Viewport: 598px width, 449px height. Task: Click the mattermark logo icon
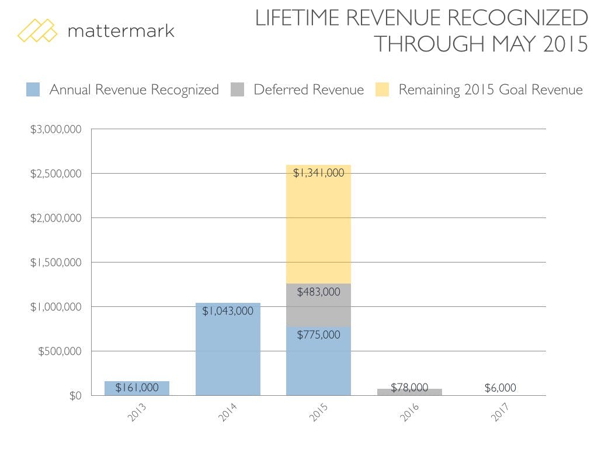tap(37, 30)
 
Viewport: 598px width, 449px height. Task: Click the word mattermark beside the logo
tap(121, 30)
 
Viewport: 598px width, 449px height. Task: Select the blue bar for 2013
tap(137, 388)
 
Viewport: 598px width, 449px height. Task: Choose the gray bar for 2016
tap(409, 392)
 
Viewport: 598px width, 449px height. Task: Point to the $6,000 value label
tap(500, 388)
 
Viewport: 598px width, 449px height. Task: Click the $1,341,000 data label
tap(318, 173)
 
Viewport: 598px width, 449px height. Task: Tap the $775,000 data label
tap(318, 335)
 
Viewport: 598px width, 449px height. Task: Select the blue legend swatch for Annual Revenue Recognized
tap(33, 90)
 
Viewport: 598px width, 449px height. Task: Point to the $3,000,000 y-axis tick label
tap(57, 129)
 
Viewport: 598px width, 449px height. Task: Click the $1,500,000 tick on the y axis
tap(57, 263)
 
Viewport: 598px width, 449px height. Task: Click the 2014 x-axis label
tap(228, 413)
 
